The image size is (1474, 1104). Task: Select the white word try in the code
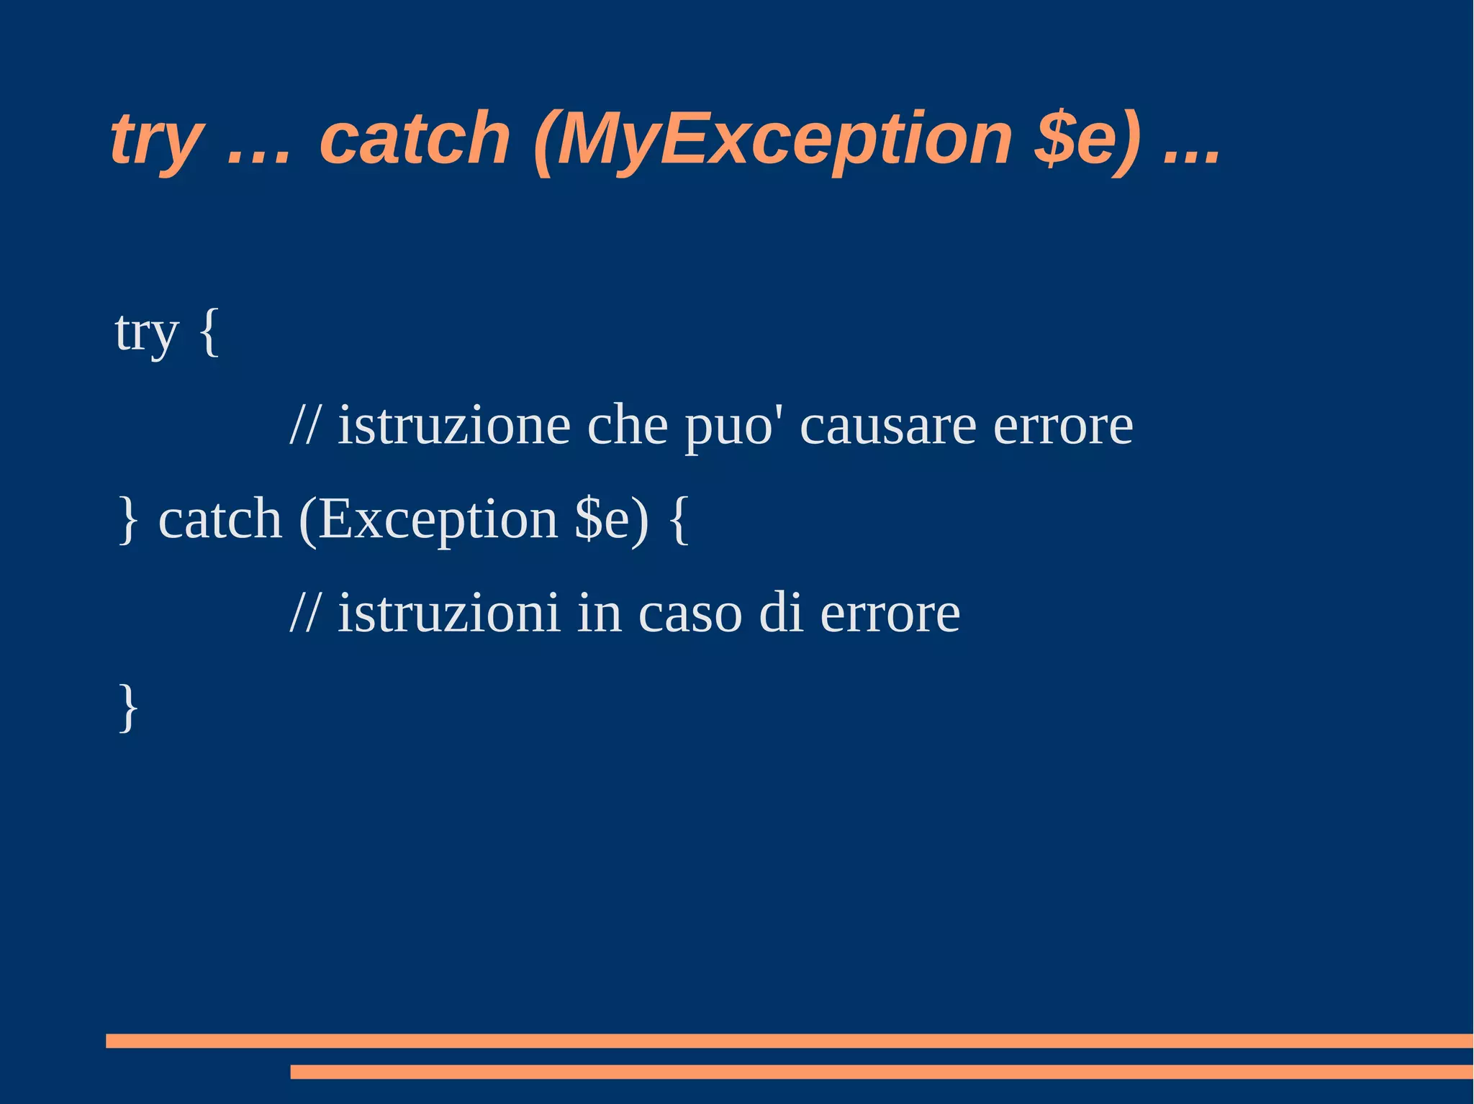coord(146,333)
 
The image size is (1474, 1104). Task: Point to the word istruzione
coord(454,426)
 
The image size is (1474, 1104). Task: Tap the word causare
coord(888,426)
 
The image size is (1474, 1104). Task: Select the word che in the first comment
coord(627,426)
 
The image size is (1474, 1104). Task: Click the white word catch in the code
coord(220,519)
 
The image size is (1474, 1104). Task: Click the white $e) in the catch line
coord(611,519)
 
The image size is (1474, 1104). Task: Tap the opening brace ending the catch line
coord(679,519)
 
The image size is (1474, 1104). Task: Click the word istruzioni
coord(448,613)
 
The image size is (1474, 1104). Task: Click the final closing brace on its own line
coord(128,708)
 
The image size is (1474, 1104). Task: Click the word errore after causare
coord(1062,426)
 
